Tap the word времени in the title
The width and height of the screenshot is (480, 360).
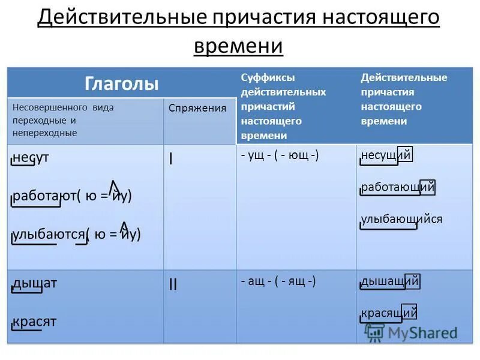click(238, 45)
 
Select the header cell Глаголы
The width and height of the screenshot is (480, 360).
click(122, 83)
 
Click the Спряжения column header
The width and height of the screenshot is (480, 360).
click(197, 108)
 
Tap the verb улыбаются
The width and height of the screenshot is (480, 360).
click(49, 234)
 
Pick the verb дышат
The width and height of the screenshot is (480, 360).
click(35, 283)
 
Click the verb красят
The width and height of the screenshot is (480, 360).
click(35, 321)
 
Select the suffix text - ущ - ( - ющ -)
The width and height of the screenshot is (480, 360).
click(280, 155)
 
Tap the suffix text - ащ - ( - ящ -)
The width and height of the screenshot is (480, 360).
click(278, 281)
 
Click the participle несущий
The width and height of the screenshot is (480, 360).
click(386, 155)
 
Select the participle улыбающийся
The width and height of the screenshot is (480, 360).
click(401, 218)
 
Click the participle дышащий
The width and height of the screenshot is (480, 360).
click(389, 281)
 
